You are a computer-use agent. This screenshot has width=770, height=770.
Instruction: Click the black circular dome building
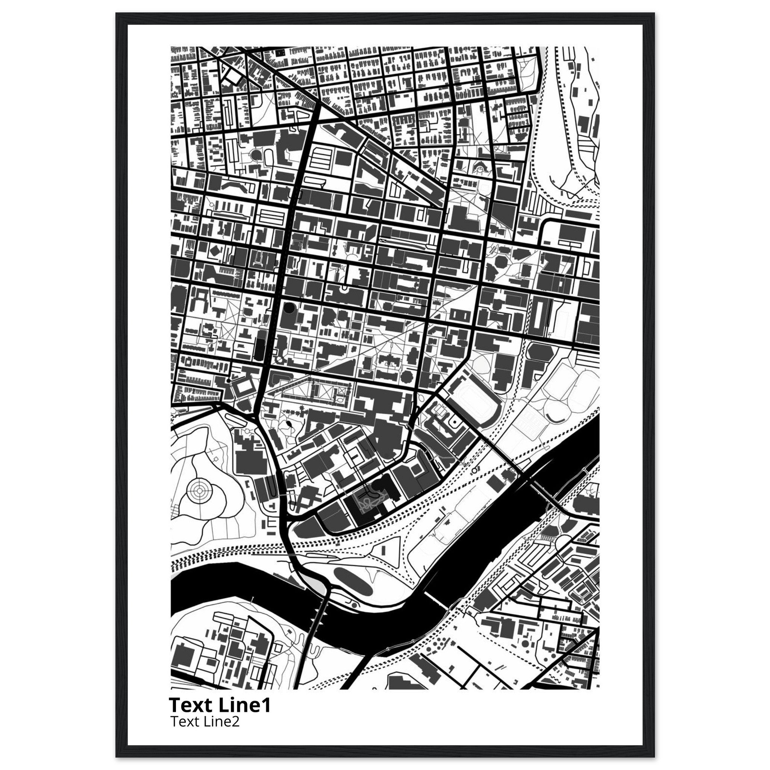[288, 308]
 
